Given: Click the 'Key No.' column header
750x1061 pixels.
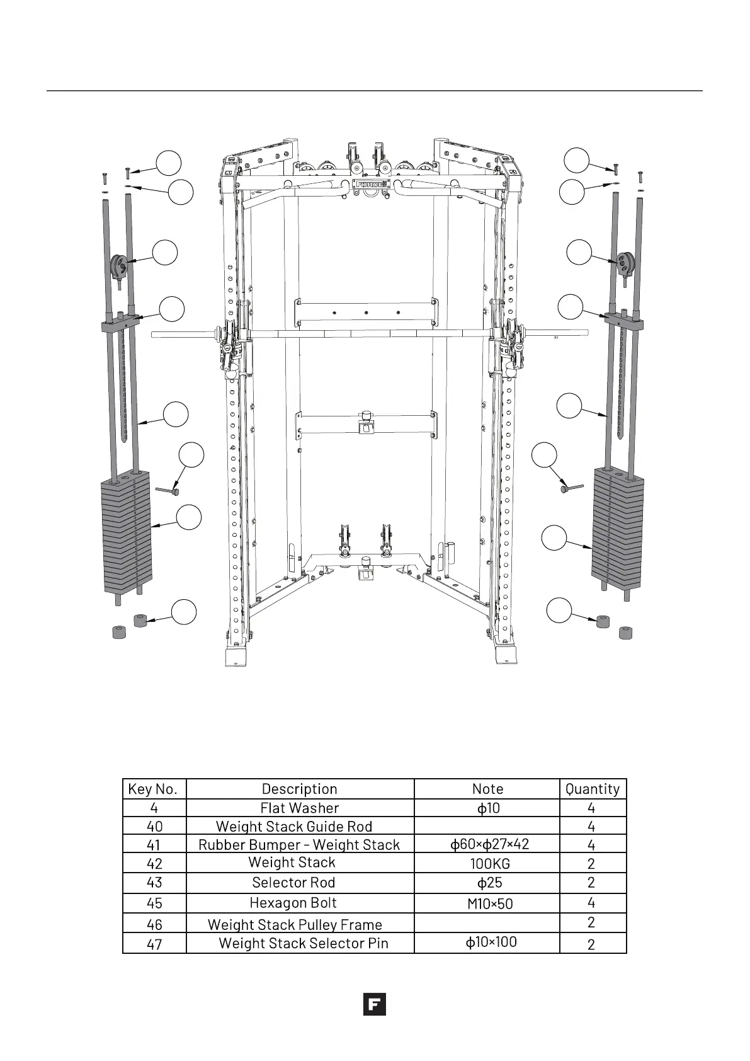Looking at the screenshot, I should coord(153,789).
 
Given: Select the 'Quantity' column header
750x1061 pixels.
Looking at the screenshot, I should coord(592,789).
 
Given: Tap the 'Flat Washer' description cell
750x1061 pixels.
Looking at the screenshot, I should coord(300,808).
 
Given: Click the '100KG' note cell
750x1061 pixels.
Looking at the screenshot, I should coord(490,863).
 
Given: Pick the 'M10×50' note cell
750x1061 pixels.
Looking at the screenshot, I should coord(490,903).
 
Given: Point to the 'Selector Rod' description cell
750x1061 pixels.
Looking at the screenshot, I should coord(293,883).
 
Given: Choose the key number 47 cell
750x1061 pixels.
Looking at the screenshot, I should coord(154,944).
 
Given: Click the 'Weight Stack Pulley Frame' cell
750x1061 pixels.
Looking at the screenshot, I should coord(295,924).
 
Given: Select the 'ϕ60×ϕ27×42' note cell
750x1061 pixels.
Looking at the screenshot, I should coord(490,844).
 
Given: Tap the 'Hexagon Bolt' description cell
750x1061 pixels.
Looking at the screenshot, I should coord(293,903).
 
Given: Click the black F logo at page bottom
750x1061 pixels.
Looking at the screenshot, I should coord(374,1004).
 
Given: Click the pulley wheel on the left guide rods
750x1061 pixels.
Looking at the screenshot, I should coord(120,265).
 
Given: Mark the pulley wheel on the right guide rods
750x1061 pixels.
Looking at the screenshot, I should coord(625,263).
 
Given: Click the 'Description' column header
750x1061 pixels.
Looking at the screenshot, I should coord(300,789).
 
